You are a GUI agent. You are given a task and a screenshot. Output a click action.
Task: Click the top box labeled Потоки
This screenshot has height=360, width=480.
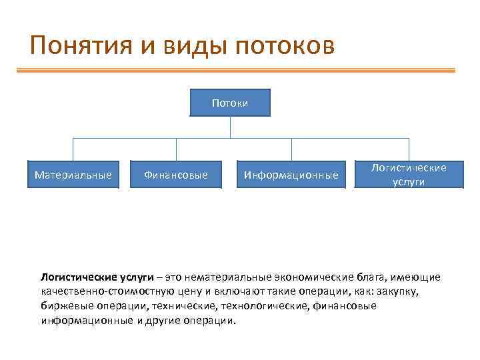(230, 103)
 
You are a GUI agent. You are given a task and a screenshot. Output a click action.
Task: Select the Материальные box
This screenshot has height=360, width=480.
(73, 175)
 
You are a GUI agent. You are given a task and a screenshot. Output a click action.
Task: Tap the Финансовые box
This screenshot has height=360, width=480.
(176, 175)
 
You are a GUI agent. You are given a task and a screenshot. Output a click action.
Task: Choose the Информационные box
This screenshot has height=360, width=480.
(291, 175)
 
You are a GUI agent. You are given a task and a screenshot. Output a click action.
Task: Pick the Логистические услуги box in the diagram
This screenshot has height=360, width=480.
(409, 175)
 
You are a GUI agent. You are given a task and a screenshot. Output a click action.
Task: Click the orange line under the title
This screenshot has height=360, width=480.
(240, 69)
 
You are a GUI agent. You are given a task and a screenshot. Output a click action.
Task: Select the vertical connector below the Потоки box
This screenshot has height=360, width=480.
(230, 127)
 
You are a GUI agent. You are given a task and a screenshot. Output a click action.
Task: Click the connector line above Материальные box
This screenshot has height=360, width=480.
(73, 149)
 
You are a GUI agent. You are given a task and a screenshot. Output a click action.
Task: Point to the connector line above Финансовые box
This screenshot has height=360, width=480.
(176, 149)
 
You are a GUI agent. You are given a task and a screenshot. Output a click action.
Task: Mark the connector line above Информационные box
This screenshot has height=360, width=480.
(291, 149)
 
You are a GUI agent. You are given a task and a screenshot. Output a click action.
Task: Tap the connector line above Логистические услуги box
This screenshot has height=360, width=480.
(409, 149)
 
